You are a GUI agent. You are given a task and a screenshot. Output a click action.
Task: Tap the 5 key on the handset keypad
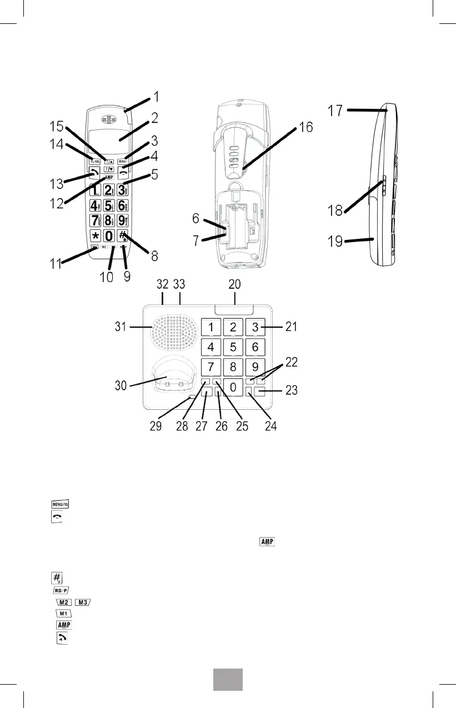tap(109, 207)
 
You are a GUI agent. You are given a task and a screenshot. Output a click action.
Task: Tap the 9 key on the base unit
tap(255, 367)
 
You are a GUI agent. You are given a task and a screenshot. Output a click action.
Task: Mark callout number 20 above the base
tap(234, 284)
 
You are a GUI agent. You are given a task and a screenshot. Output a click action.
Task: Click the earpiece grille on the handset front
tap(108, 119)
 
